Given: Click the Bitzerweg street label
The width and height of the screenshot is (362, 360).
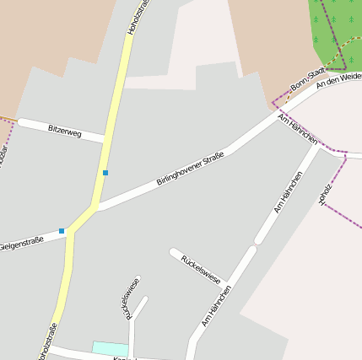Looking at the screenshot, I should [x=65, y=130].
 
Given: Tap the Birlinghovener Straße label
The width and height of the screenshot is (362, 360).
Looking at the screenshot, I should [x=191, y=168].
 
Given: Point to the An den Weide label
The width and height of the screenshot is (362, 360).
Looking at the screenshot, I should [x=339, y=78].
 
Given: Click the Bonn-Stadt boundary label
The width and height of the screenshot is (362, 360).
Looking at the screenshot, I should [x=307, y=81].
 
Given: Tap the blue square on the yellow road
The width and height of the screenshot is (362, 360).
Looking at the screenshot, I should [x=105, y=173].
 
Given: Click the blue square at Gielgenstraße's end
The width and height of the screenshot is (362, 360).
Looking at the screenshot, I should [x=62, y=230].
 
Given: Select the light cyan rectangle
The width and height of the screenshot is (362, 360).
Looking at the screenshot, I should [x=110, y=348].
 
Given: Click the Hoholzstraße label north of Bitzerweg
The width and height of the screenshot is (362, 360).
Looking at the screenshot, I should [x=137, y=17].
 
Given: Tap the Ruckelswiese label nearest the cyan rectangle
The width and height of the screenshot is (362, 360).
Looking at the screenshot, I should [x=132, y=298].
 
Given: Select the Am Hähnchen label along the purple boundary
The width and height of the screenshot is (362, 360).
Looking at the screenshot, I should [x=297, y=126].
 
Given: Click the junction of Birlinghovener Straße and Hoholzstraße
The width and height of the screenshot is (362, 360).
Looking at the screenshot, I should [x=95, y=206].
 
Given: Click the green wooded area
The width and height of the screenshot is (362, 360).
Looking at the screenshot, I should [x=336, y=30].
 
